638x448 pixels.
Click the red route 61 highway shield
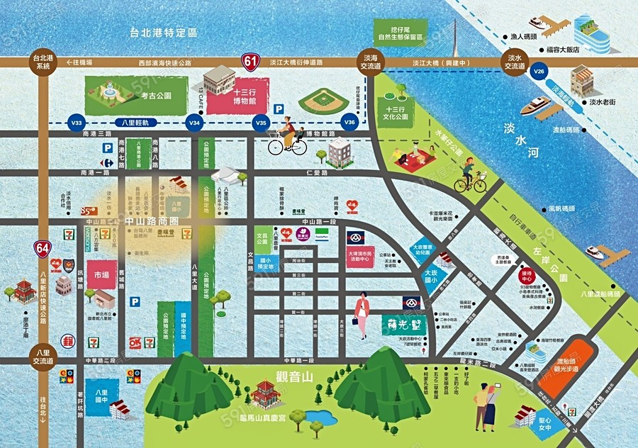point(249,62)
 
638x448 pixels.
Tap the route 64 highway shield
point(43,247)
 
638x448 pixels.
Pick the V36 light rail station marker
point(349,122)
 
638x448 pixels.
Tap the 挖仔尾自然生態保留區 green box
point(399,30)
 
